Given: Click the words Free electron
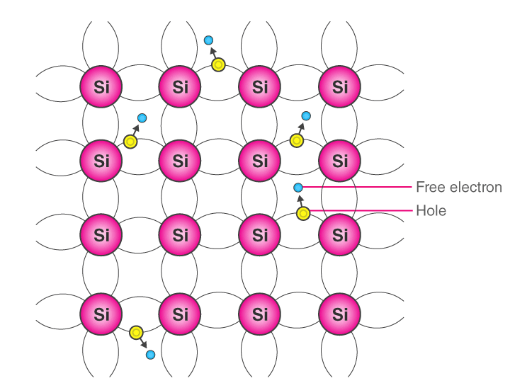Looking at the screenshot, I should click(458, 187).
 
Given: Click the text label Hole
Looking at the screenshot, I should click(431, 210).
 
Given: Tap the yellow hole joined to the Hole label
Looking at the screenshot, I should click(303, 212).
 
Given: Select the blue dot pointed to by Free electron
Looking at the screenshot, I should click(298, 187).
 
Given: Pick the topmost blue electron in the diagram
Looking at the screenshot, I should click(208, 40).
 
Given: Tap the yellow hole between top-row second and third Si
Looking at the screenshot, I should click(218, 65).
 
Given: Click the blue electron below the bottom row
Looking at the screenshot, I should click(150, 355).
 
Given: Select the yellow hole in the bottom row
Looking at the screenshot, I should click(137, 331).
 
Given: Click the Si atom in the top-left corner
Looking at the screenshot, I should click(101, 86).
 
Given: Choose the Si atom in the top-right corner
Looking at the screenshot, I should click(340, 86).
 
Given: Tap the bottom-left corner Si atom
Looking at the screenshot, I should click(101, 312).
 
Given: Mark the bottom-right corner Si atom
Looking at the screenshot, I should click(340, 312).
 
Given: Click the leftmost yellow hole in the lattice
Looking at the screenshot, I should click(130, 142).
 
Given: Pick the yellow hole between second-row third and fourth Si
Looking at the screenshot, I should click(297, 140).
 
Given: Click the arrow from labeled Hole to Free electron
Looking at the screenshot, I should click(300, 200).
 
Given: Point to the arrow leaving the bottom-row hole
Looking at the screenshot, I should click(144, 343).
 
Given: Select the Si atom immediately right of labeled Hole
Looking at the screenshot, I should click(340, 234).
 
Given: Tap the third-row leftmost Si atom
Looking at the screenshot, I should click(101, 234).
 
